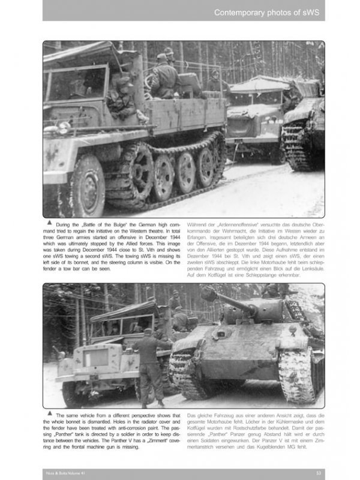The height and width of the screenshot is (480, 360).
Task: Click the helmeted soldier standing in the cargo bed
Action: (163, 75)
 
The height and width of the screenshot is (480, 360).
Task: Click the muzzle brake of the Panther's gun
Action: (208, 294)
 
